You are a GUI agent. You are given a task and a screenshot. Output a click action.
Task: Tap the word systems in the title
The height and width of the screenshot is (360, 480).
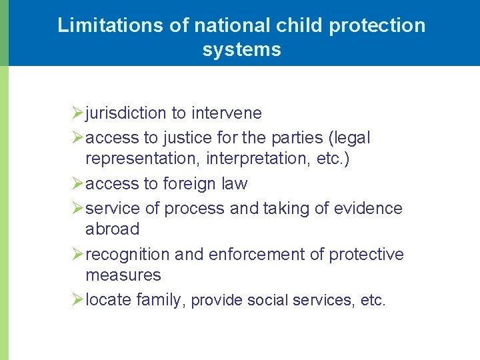click(241, 49)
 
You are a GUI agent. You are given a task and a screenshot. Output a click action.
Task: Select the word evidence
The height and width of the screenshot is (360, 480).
click(369, 209)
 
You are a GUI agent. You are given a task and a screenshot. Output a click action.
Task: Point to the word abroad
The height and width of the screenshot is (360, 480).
click(112, 229)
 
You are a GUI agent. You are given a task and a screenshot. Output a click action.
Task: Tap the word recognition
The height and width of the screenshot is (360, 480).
click(127, 255)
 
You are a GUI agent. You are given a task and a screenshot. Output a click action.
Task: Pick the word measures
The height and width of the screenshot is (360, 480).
click(123, 275)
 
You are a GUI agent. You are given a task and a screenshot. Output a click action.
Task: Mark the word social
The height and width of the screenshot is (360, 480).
click(271, 301)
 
